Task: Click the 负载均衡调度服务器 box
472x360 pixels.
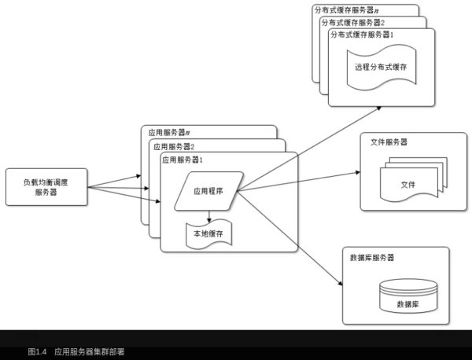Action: point(45,187)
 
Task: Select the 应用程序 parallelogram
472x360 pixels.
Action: point(208,191)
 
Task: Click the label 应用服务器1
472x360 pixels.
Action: point(183,160)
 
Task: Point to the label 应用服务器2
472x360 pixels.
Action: point(174,146)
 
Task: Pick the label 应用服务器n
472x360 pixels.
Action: point(169,133)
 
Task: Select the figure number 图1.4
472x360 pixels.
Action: point(38,352)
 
